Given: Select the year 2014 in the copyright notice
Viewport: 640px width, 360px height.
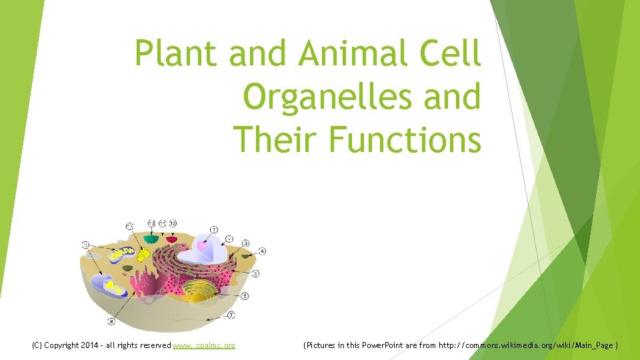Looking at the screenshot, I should point(88,345).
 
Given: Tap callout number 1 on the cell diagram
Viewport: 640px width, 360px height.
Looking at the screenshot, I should point(214,230).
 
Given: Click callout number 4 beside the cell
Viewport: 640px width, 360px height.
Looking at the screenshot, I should point(262,251).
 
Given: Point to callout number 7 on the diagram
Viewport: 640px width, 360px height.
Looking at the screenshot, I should point(231,315).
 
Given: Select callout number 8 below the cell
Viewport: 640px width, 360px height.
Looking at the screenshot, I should point(111,322).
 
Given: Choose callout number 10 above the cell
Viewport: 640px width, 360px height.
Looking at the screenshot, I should point(151,223).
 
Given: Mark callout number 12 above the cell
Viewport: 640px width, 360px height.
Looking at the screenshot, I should point(173,223).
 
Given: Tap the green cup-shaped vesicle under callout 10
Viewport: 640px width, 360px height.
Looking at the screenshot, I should point(151,238).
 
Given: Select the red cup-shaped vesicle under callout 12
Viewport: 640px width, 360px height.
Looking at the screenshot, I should point(172,238).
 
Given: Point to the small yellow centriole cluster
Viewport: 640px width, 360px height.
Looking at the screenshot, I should point(143,254).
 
